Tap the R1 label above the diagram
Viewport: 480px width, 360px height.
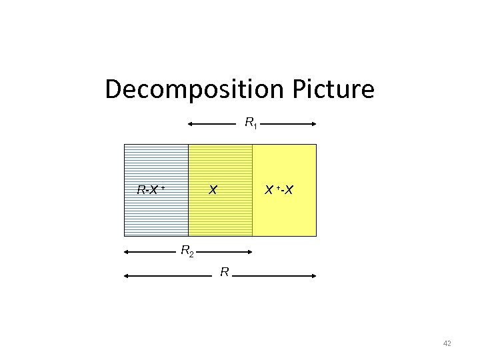coord(251,123)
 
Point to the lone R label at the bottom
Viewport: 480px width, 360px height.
coord(225,272)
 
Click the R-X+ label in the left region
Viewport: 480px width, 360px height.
coord(150,190)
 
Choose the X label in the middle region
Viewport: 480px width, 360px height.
coord(212,190)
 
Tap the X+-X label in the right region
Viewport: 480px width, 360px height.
coord(279,190)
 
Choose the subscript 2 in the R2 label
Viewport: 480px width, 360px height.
coord(191,255)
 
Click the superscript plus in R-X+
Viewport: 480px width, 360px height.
coord(162,187)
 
